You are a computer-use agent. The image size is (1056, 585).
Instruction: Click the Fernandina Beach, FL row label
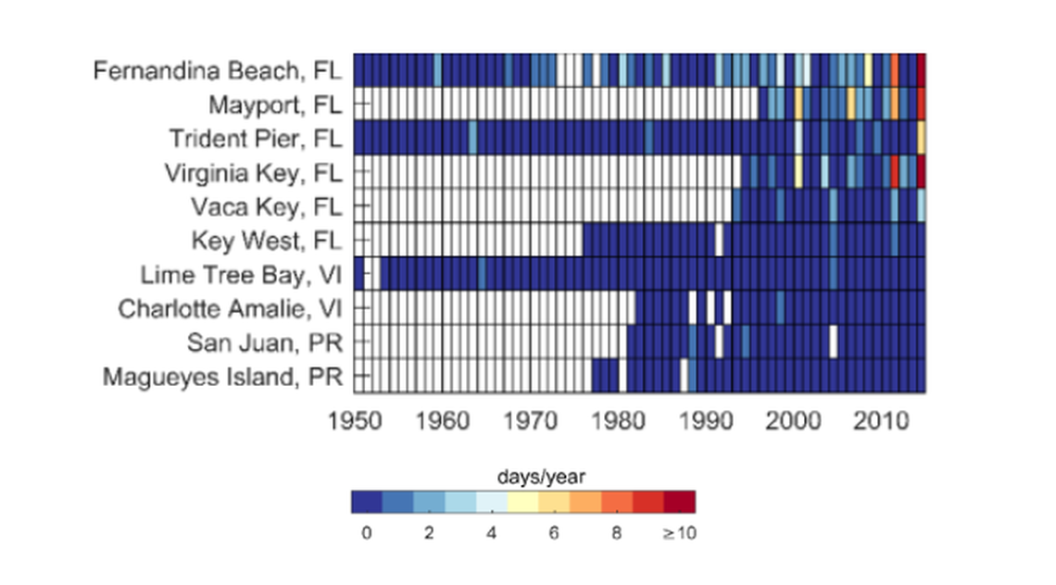pos(218,70)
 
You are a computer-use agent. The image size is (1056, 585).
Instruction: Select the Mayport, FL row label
pos(274,104)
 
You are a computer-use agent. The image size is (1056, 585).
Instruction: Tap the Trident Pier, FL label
pos(255,138)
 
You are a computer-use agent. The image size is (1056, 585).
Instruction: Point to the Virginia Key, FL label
pos(253,172)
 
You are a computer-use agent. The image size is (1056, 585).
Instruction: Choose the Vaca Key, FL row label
pos(266,205)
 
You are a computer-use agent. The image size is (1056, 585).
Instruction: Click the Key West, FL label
pos(267,241)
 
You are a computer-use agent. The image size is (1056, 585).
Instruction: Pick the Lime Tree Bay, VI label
pos(241,275)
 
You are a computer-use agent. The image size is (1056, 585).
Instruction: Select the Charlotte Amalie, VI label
pos(229,308)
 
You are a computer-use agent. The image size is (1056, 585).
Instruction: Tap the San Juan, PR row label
pos(264,342)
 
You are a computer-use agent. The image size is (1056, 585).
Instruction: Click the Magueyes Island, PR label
pos(222,377)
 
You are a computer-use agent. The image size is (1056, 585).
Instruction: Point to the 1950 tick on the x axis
pos(356,421)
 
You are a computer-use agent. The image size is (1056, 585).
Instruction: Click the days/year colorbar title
pos(523,476)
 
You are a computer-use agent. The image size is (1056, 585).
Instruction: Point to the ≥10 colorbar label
pos(680,533)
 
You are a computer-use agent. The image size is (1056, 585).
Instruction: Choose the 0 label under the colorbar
pos(367,533)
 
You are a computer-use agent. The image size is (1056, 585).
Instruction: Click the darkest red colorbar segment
pos(679,502)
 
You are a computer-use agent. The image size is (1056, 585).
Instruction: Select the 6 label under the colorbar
pos(554,533)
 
